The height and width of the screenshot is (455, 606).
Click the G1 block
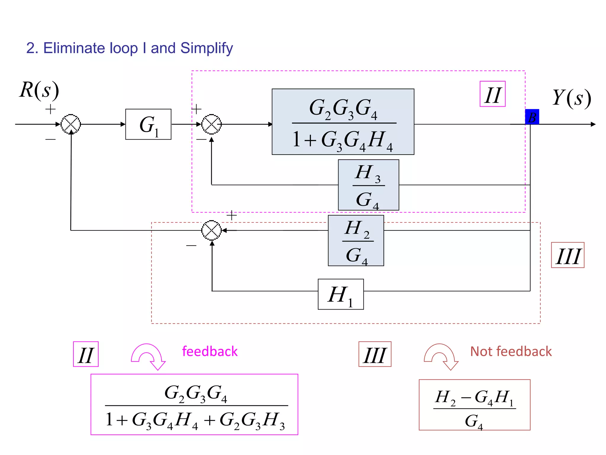point(148,124)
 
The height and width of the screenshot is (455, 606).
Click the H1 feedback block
point(341,294)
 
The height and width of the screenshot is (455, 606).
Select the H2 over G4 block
point(356,241)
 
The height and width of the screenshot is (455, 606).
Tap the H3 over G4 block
point(368,185)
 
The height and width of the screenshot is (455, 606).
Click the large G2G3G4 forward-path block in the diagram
point(343,122)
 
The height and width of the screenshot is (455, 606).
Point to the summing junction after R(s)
point(71,124)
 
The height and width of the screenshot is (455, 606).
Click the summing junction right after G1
point(211,124)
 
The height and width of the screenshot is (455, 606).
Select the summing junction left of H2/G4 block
point(211,230)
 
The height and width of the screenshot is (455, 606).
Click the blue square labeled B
point(532,117)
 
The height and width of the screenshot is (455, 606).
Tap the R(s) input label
point(39,90)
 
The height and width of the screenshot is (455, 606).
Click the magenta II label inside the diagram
point(492,94)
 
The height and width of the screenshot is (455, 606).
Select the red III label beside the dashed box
point(567,255)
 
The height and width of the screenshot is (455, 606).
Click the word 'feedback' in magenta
point(209,351)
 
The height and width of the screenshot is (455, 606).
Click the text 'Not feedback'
point(511,351)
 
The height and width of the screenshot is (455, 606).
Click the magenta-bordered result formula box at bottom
point(194,404)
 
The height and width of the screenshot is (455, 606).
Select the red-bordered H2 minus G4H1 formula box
point(474,405)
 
